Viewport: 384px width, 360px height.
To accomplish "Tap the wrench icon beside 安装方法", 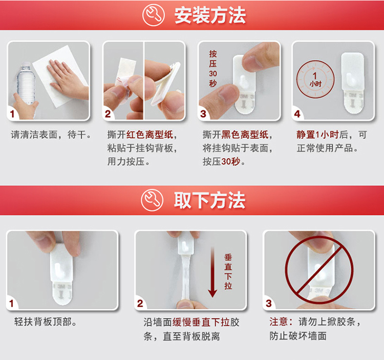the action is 153,15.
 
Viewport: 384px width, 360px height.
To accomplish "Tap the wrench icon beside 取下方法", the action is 152,200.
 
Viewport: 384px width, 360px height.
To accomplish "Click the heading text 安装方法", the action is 210,15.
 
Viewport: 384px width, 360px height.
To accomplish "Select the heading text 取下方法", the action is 209,200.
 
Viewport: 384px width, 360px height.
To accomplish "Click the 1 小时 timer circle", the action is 315,79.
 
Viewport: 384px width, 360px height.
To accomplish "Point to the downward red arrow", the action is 212,272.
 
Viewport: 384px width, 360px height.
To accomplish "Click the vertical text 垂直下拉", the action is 228,271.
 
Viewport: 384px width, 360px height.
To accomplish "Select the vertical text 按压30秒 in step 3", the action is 213,69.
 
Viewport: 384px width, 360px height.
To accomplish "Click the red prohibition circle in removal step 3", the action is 319,270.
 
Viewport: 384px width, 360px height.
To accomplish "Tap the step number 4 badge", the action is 297,114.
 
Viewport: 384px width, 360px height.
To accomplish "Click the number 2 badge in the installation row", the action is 108,114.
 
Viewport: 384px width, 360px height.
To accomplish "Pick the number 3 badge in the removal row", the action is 269,304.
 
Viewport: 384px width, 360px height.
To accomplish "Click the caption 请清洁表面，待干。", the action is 51,135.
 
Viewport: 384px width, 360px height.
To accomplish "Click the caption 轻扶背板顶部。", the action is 45,322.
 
